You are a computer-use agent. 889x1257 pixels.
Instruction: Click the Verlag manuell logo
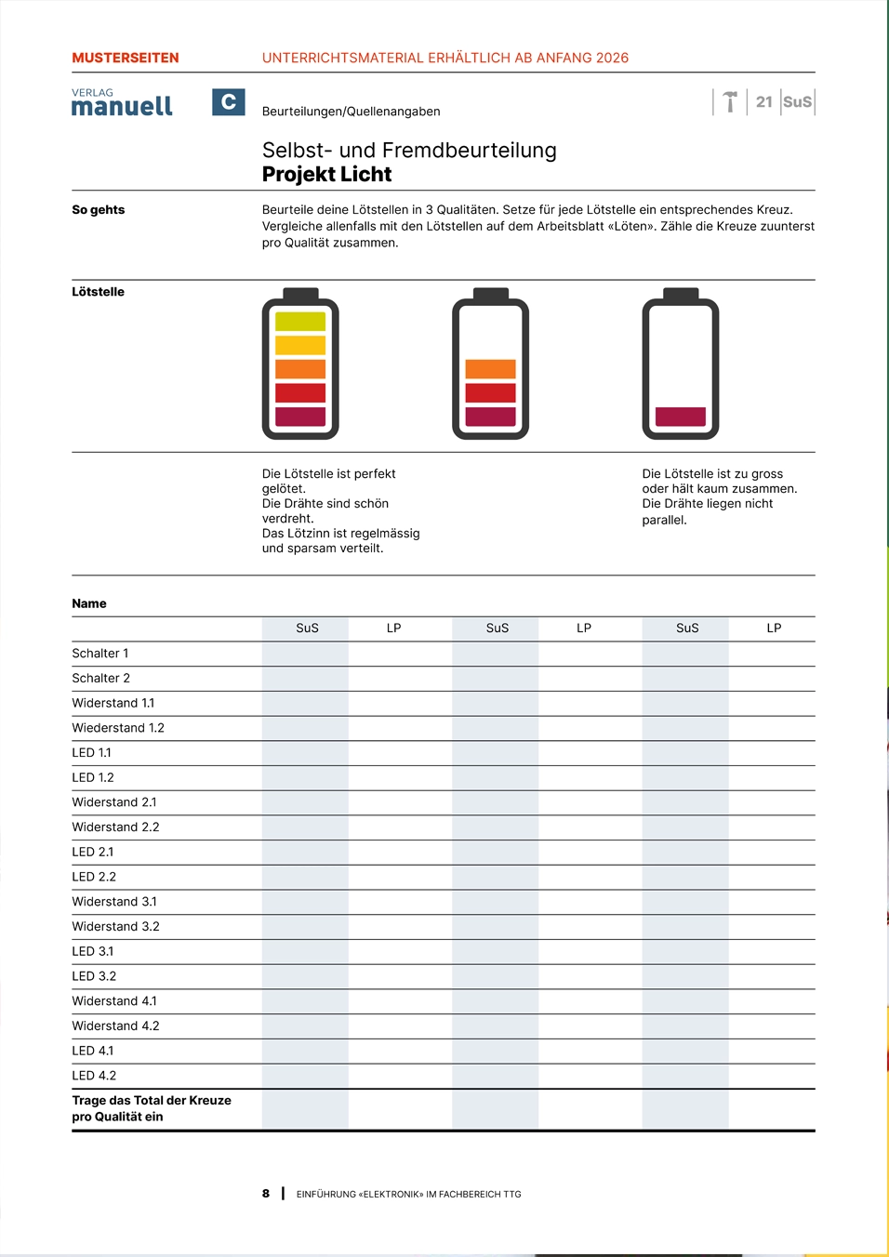122,103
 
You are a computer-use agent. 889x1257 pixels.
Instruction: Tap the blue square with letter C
228,102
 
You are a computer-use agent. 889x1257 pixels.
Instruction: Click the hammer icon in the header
730,101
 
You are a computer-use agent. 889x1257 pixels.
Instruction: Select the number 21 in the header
764,102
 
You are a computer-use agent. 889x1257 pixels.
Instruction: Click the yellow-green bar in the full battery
300,322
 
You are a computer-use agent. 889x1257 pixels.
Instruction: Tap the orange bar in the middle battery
490,369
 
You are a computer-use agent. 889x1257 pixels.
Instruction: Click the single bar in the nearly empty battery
681,417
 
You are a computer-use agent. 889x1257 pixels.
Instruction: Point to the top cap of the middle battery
490,294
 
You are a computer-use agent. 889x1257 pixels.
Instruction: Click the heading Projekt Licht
326,175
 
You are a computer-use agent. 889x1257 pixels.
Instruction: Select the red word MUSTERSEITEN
126,58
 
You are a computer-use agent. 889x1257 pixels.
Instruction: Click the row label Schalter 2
101,679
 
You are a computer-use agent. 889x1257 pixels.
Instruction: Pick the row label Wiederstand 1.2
118,728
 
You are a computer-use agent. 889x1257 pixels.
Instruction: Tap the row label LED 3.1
93,951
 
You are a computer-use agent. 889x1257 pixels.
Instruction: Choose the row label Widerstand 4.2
116,1025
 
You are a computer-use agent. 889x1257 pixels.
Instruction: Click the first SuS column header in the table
307,628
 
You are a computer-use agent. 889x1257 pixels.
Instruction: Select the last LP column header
774,628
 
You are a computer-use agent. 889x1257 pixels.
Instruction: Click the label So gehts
99,210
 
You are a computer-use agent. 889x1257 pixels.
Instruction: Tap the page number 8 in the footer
266,1194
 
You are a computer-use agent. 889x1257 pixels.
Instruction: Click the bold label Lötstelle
99,292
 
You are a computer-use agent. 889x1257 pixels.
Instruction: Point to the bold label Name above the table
89,603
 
